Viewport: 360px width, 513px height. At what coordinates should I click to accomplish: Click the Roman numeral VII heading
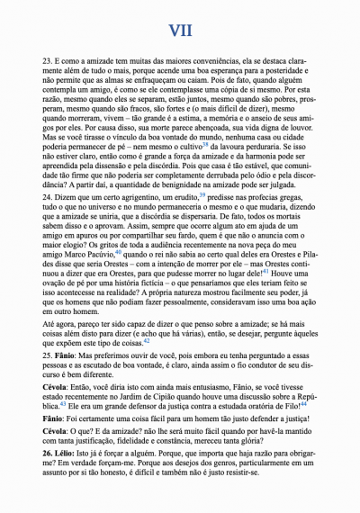(180, 31)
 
